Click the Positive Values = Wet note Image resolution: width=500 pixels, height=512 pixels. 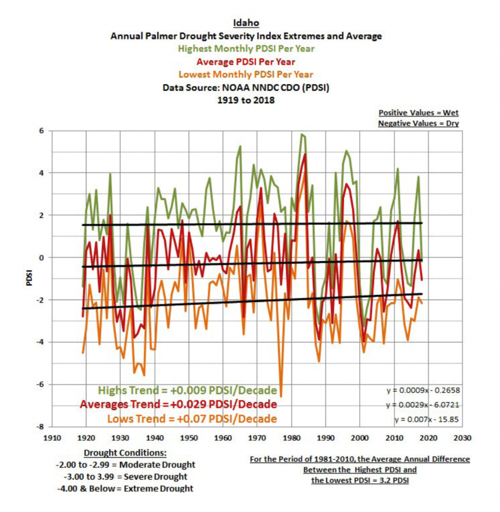coord(418,113)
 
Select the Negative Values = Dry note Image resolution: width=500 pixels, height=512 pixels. coord(418,123)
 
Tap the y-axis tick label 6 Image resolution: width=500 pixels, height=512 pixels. coord(41,131)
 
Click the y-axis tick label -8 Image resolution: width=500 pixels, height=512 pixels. coord(40,427)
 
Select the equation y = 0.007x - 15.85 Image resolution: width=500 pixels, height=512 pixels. coord(427,419)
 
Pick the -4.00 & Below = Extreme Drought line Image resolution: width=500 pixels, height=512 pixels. coord(124,489)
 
